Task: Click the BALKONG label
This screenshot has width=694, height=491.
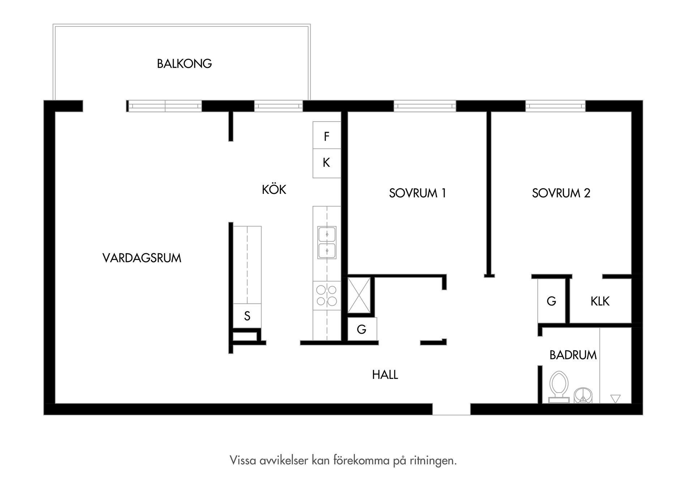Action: click(184, 64)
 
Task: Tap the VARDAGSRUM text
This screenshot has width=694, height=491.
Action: click(142, 258)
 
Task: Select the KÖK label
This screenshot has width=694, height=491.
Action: click(274, 190)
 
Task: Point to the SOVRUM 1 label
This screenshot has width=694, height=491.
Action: click(417, 193)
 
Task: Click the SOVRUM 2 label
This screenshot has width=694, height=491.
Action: click(561, 193)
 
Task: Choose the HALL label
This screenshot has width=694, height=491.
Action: click(385, 374)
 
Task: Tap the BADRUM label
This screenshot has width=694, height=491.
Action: click(573, 355)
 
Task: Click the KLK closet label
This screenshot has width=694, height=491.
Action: click(600, 301)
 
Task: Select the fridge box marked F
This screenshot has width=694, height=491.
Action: click(326, 136)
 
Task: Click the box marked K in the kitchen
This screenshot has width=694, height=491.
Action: click(326, 163)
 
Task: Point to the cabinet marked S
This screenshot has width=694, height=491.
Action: click(247, 316)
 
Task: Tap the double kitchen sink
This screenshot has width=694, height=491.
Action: click(327, 242)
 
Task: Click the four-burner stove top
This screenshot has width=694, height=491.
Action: click(327, 295)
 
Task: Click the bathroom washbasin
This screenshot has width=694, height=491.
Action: click(583, 395)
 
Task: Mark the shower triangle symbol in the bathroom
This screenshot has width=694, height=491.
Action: click(615, 398)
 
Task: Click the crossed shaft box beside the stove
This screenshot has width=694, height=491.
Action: click(359, 295)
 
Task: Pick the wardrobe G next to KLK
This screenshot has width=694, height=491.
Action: click(551, 301)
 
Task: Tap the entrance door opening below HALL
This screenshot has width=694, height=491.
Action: click(451, 409)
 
